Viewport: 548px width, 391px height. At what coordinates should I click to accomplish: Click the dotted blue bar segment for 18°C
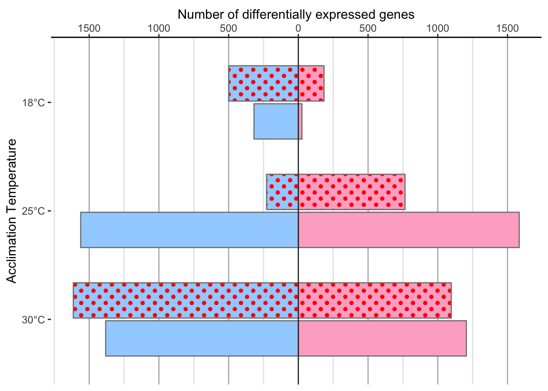coord(263,83)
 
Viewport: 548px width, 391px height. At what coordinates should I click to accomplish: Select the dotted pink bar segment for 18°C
coord(311,83)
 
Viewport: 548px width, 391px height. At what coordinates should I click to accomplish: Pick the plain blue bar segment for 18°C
coord(276,121)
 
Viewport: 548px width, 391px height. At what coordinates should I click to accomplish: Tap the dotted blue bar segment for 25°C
coord(283,192)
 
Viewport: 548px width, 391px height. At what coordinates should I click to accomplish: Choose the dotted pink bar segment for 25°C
coord(352,192)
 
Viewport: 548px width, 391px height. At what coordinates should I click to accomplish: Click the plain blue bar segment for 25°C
coord(190,230)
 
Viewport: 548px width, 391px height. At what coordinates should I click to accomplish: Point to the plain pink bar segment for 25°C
coord(409,230)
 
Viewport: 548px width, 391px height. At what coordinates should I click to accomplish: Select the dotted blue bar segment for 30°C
coord(186,300)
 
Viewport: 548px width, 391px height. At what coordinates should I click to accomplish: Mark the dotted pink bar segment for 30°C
coord(375,300)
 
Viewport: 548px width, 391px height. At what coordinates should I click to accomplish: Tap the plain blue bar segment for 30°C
coord(202,338)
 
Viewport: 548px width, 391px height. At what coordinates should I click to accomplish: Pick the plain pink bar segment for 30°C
coord(382,338)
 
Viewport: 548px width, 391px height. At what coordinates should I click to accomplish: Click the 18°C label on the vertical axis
coord(33,103)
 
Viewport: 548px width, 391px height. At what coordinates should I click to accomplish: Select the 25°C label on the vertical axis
coord(33,211)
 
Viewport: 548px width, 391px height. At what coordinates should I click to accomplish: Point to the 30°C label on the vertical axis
coord(33,320)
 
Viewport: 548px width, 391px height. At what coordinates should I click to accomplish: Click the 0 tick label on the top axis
coord(298,29)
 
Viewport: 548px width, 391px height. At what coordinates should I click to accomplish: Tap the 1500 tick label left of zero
coord(89,29)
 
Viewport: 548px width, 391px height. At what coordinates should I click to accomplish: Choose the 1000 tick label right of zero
coord(438,29)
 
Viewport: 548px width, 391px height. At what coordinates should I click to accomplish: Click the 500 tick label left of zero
coord(228,29)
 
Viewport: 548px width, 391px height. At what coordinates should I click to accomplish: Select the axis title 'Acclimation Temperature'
coord(11,211)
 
